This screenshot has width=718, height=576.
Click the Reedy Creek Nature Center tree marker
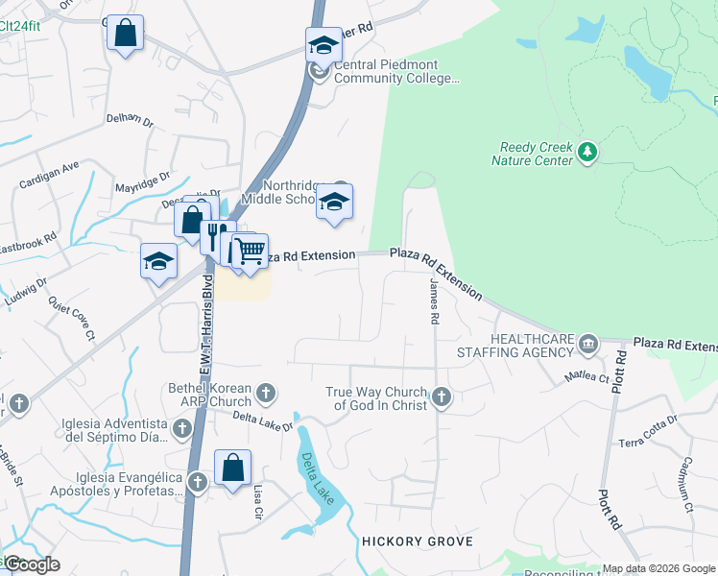click(x=587, y=152)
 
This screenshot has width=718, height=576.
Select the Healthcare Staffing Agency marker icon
click(x=587, y=344)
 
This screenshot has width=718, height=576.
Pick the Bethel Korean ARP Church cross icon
click(x=266, y=392)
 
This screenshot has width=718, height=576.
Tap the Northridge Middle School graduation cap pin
click(x=334, y=202)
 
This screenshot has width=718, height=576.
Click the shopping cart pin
click(x=250, y=252)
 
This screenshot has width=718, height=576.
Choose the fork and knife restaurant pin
click(x=216, y=235)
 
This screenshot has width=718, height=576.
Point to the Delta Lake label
click(x=316, y=481)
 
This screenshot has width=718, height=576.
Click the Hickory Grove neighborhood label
click(x=418, y=541)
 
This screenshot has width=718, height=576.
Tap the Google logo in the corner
click(x=31, y=564)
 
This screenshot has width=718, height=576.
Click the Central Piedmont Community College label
click(x=387, y=71)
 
